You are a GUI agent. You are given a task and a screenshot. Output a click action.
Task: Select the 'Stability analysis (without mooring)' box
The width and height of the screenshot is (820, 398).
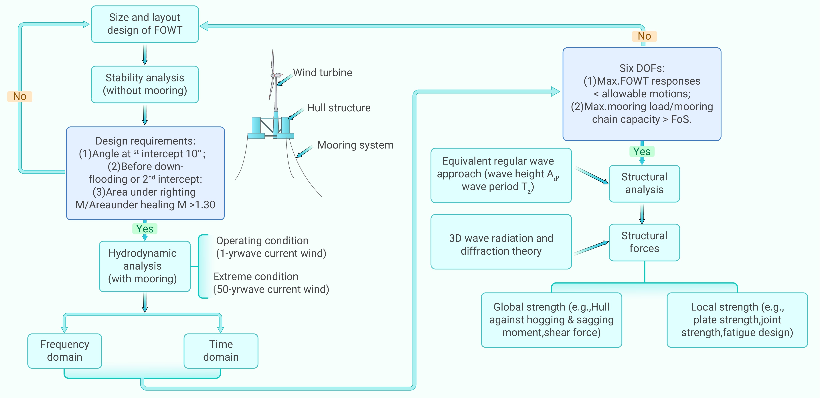(145, 84)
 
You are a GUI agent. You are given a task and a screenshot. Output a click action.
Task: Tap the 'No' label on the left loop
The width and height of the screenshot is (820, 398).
(20, 96)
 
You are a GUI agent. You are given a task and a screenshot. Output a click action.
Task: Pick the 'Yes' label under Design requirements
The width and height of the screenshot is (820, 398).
(145, 229)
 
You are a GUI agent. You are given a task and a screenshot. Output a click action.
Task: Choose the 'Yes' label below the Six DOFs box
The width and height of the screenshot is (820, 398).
(642, 151)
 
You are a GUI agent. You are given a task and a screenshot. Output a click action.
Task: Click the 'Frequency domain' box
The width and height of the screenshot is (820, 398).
(65, 351)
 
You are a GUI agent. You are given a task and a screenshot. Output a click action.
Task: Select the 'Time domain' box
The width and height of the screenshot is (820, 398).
(221, 351)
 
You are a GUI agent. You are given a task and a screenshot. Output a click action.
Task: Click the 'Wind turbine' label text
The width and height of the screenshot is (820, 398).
(323, 73)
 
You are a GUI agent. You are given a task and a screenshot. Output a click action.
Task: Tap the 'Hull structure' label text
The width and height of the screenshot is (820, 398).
(339, 108)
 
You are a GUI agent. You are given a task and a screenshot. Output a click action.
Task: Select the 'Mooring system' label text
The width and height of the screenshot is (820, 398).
(355, 145)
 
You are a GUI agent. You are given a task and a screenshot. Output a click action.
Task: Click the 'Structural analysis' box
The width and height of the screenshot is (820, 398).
(644, 183)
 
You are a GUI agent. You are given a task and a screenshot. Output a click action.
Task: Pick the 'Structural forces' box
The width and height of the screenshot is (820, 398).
(644, 242)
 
